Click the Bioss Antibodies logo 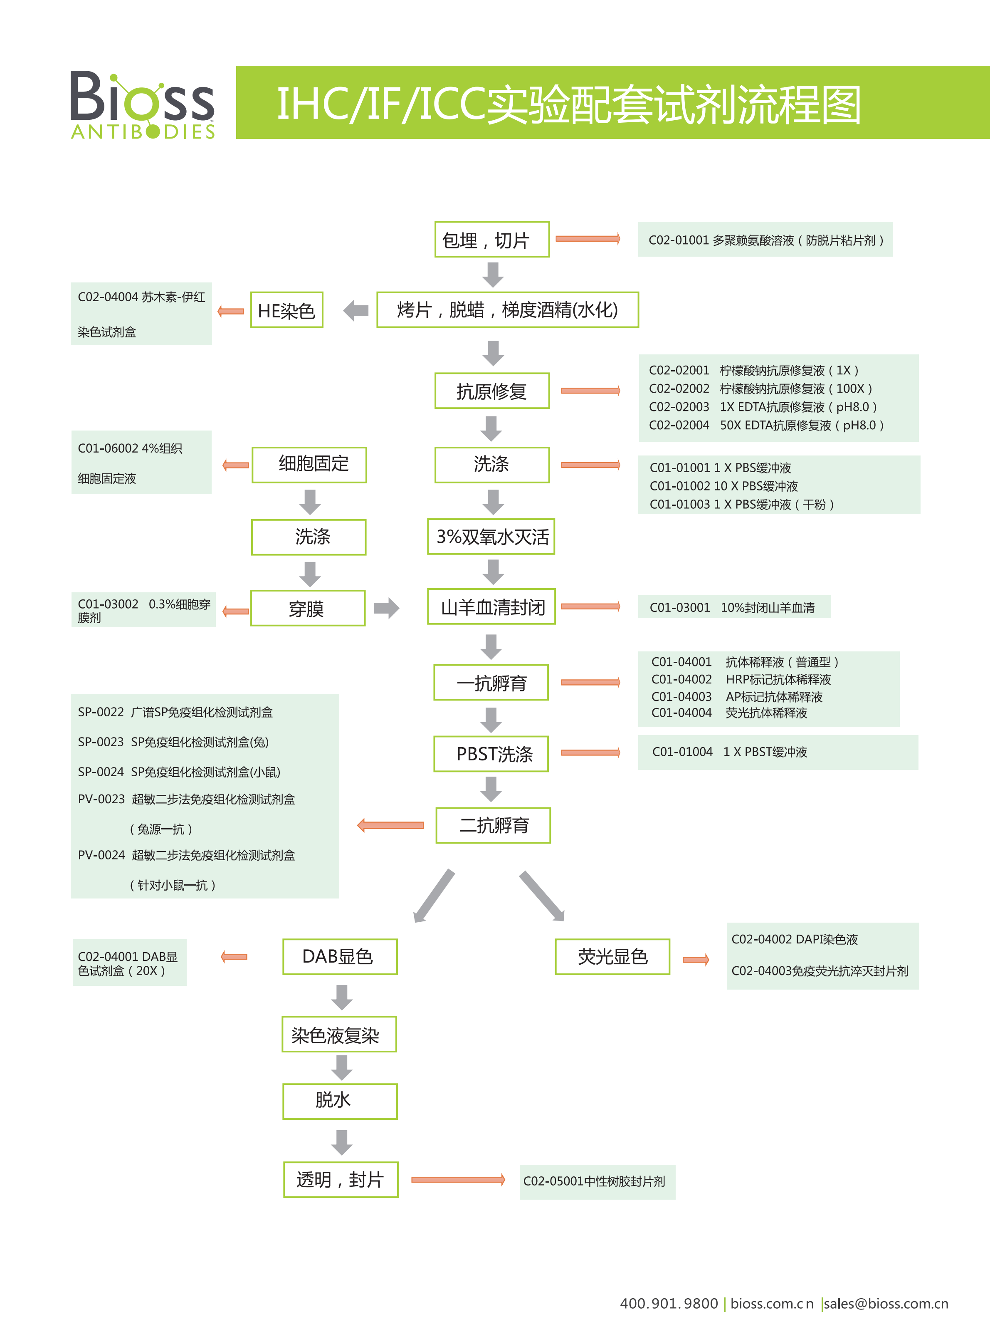142,105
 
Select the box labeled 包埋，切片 491,240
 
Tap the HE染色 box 286,310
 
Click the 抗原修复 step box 491,391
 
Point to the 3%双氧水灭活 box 491,537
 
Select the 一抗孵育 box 491,682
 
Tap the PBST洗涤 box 491,753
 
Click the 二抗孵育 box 493,825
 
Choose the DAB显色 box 340,957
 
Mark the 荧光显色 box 612,957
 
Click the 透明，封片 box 341,1180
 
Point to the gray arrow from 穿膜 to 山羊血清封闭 387,608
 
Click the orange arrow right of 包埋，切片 587,239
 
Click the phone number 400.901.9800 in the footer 668,1304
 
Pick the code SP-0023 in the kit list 100,742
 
